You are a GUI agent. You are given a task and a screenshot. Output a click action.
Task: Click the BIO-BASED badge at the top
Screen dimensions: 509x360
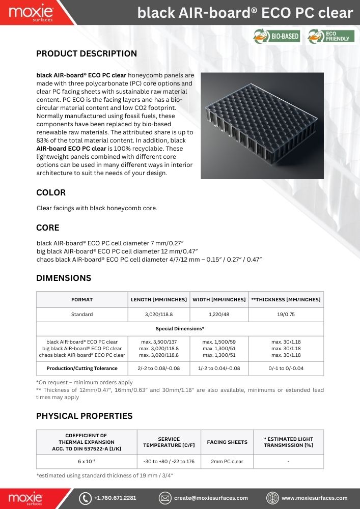[x=276, y=36]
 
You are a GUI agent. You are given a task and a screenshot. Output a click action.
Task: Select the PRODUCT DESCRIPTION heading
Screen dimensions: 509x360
[x=87, y=53]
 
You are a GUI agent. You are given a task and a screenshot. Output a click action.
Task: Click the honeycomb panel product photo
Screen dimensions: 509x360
[x=262, y=125]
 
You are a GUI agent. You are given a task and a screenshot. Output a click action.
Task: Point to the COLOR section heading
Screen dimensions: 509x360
[x=51, y=193]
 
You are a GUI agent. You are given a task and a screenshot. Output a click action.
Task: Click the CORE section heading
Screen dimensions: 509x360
[x=48, y=228]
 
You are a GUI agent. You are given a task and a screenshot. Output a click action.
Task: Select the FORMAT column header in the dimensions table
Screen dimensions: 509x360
[x=82, y=299]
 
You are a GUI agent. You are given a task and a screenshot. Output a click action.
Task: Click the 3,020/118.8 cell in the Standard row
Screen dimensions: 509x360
[x=158, y=314]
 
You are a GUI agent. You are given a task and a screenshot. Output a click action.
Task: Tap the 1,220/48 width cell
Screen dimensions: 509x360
[x=218, y=314]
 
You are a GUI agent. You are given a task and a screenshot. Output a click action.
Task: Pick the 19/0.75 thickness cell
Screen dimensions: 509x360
[x=286, y=314]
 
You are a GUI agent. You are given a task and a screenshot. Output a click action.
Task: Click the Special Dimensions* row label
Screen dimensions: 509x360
[x=180, y=329]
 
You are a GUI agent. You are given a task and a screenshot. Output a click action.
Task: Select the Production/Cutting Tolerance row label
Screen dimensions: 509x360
[x=82, y=368]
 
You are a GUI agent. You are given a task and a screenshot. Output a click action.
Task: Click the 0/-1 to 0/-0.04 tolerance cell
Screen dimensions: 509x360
[x=286, y=368]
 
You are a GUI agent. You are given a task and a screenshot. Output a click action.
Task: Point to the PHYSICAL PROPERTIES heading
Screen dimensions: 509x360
[x=84, y=416]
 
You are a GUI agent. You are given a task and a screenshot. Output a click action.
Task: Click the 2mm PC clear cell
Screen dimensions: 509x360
[x=227, y=462]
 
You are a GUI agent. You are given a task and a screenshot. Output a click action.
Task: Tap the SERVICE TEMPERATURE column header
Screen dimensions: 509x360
[x=169, y=442]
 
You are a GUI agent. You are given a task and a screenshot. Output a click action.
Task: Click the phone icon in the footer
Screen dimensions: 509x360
[x=86, y=498]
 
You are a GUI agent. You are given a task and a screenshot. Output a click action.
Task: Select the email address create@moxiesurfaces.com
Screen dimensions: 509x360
[x=211, y=498]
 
